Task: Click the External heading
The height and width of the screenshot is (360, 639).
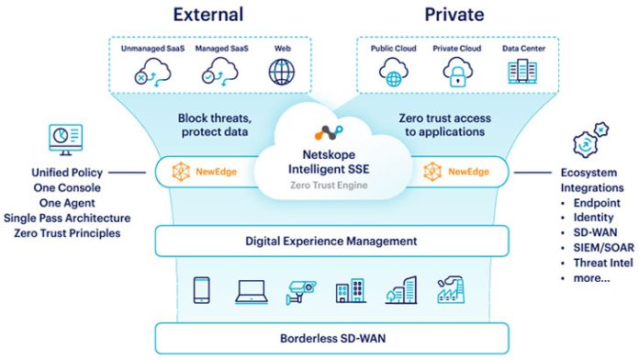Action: (207, 15)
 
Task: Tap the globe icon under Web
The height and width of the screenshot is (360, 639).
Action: (281, 72)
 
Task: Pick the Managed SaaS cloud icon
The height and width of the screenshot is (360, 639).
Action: (218, 72)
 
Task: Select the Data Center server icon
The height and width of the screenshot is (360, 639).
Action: (521, 72)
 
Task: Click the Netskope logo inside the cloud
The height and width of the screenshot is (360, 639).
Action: (328, 131)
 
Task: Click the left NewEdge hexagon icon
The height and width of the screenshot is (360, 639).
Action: (173, 172)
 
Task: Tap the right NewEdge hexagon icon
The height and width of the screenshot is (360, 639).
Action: (432, 172)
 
